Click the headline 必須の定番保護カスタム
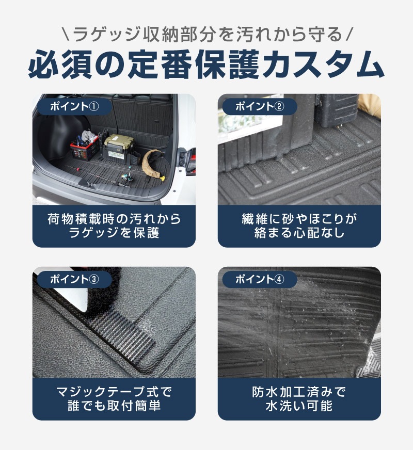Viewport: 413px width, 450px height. (206, 64)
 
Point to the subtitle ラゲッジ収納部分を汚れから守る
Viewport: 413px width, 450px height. (206, 35)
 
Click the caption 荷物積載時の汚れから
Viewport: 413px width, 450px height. (114, 219)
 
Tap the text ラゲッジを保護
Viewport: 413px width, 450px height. (114, 233)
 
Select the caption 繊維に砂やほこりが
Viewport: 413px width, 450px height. (299, 219)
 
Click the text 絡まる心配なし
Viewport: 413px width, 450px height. (299, 233)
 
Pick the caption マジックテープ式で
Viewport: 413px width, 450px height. (114, 392)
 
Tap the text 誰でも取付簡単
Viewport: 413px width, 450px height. (114, 406)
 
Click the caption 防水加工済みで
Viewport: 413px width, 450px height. (299, 392)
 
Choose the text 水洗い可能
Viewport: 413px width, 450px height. (299, 406)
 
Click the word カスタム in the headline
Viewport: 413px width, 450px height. (326, 64)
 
